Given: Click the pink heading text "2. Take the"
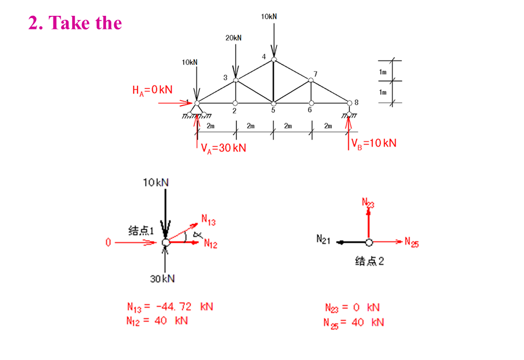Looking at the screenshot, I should [x=75, y=23].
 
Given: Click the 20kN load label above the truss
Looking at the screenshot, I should [x=233, y=38].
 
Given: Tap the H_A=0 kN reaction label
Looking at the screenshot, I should [x=152, y=90].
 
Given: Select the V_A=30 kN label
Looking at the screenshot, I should [x=223, y=148].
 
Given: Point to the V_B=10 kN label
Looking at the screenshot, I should [x=374, y=143].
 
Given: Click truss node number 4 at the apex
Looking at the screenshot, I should [x=264, y=57].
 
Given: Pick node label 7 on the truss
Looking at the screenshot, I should [x=315, y=74].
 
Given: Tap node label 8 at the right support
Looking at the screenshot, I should [x=356, y=103].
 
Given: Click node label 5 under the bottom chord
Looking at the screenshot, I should [x=273, y=110].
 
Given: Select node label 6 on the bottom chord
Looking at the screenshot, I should [x=309, y=110].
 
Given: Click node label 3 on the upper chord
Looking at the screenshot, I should [x=225, y=78].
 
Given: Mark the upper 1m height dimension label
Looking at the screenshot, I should [x=383, y=71].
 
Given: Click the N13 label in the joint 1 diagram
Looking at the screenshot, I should [x=209, y=220].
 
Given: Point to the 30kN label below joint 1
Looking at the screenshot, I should [x=163, y=279].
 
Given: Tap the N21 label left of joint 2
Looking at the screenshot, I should [x=323, y=239].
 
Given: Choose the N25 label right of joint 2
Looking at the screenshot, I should [x=412, y=243].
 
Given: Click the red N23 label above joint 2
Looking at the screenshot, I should [x=368, y=203].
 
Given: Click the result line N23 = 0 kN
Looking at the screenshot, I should [x=352, y=308].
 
